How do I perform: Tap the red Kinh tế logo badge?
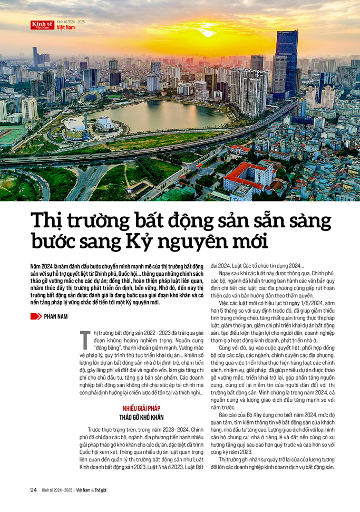[42, 25]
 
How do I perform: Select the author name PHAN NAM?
[60, 316]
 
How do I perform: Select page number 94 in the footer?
[33, 490]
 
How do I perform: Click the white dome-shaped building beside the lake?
[106, 124]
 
